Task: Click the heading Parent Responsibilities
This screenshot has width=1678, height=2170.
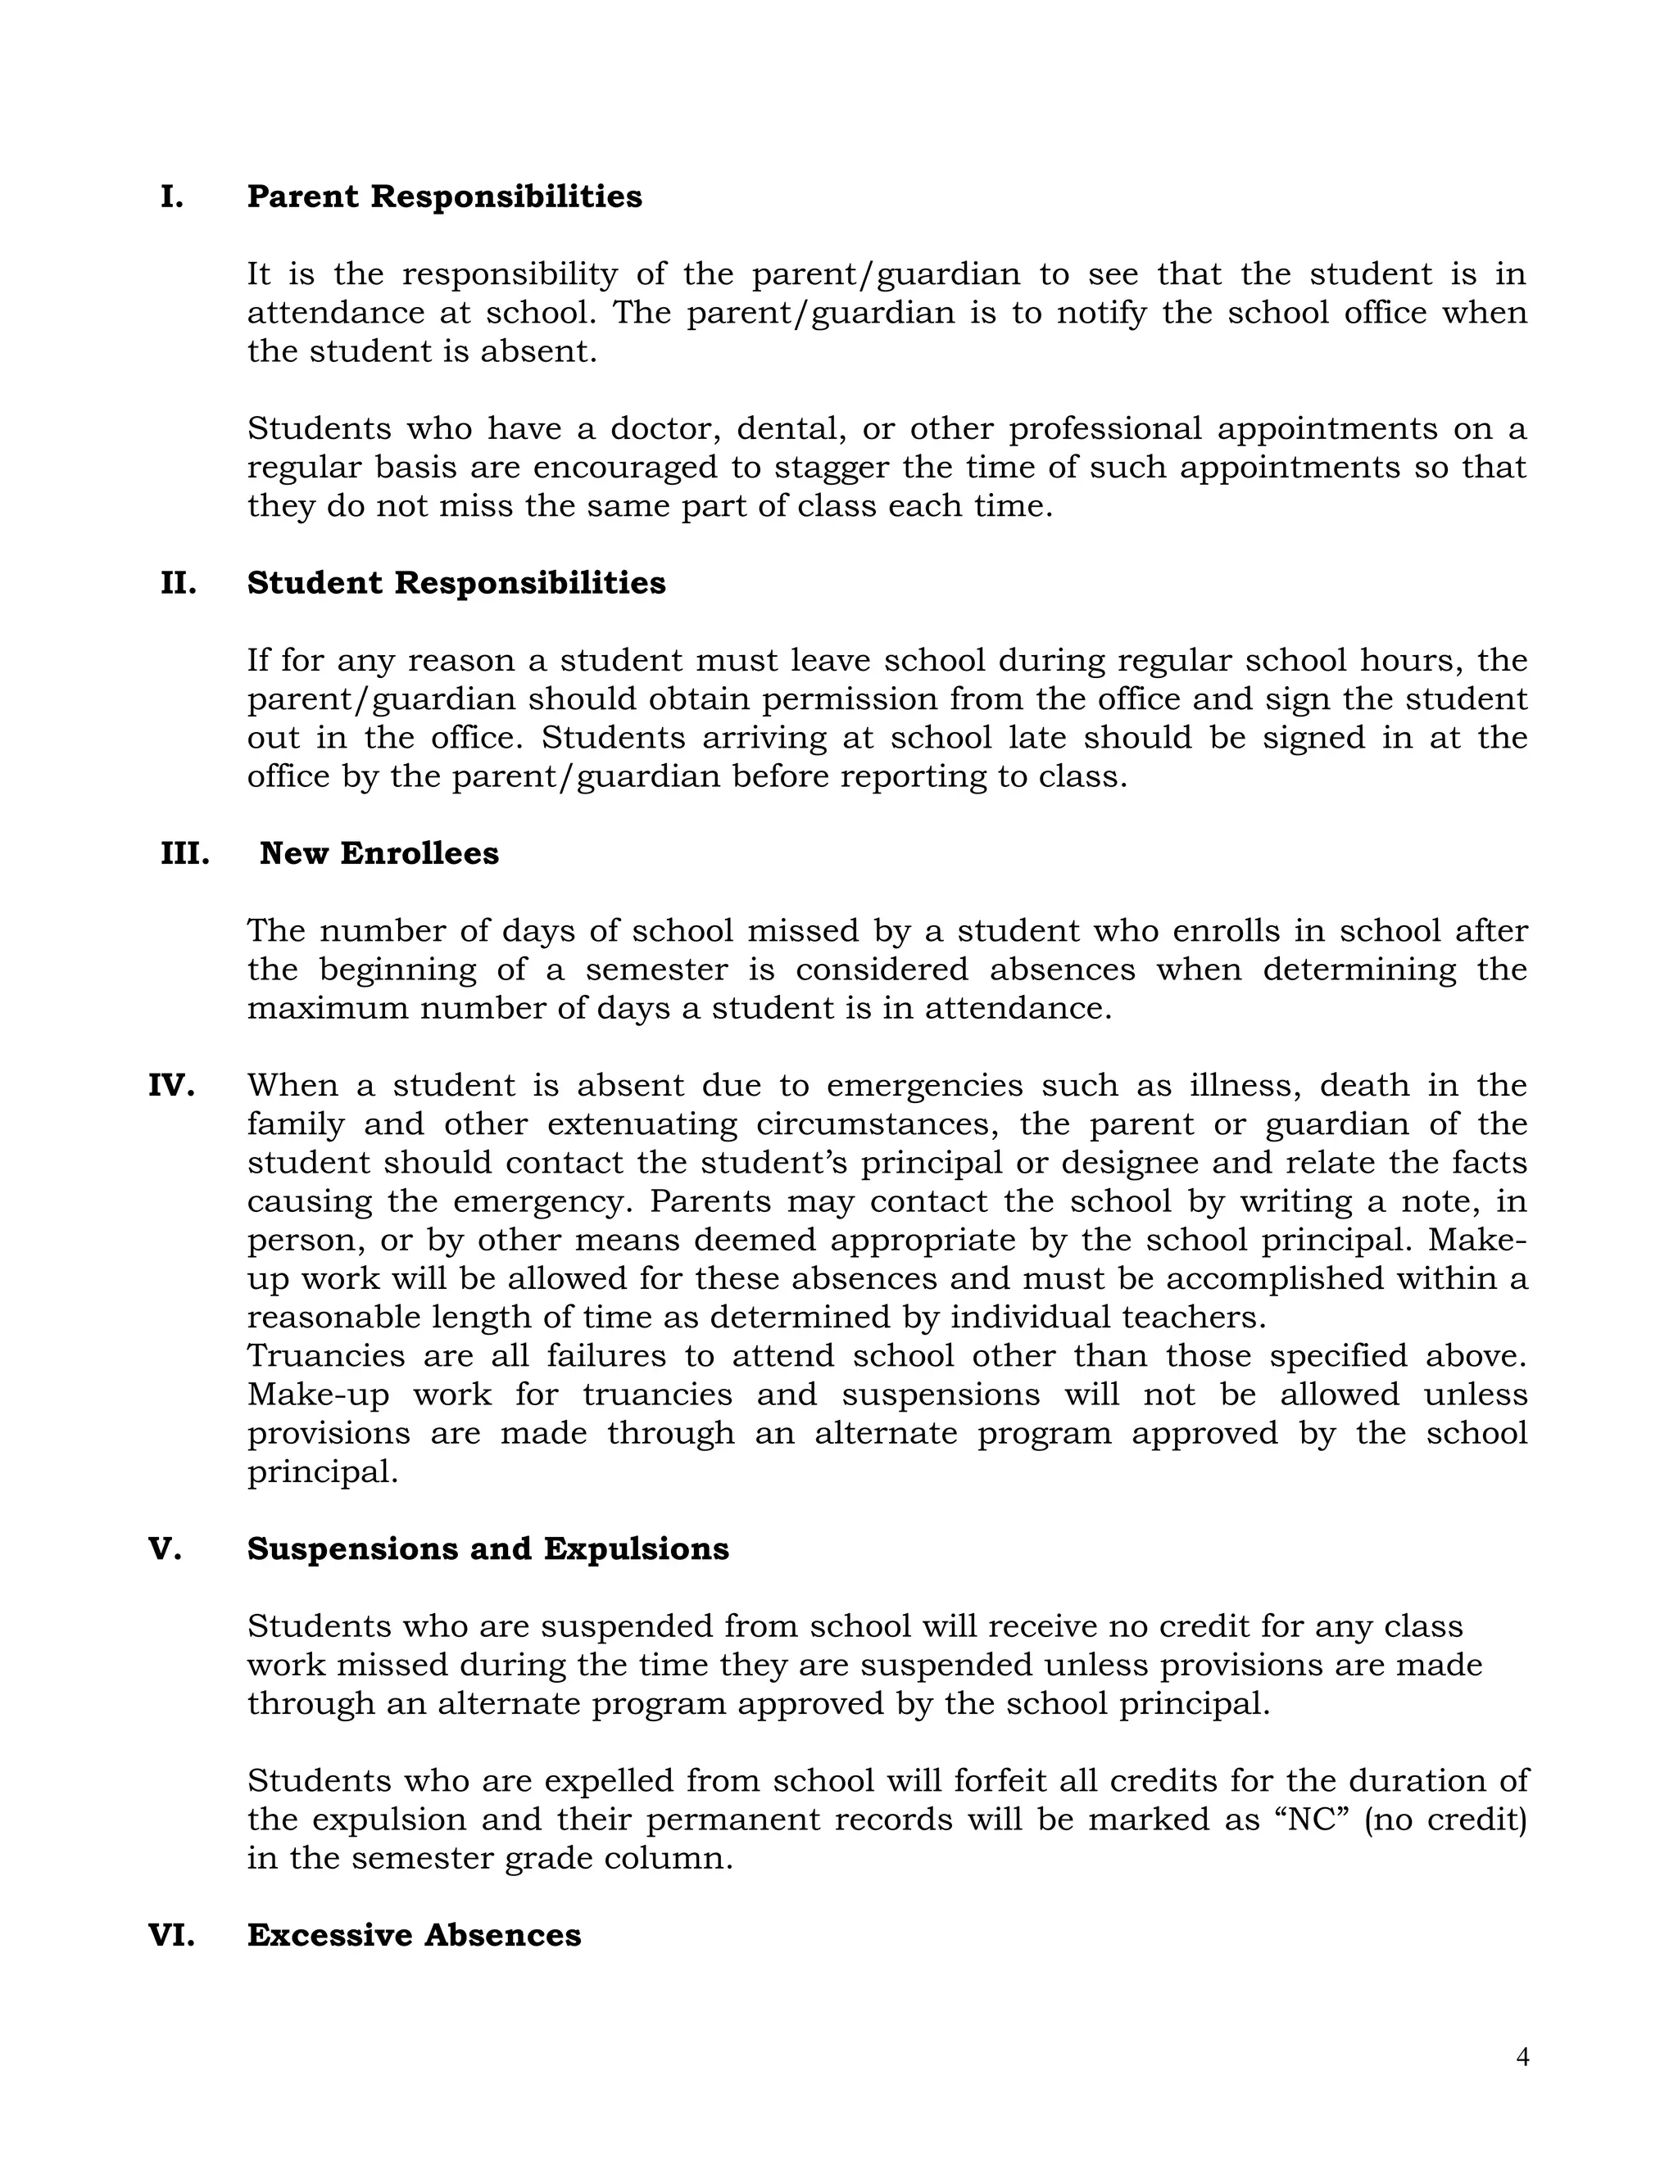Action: [444, 197]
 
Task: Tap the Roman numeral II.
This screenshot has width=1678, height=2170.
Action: [179, 583]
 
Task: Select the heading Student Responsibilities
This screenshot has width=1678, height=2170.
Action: [456, 583]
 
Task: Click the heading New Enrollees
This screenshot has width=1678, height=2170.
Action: [379, 853]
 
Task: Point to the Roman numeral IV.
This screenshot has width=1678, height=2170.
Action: [171, 1085]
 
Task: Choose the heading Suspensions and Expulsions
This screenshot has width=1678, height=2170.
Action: [488, 1549]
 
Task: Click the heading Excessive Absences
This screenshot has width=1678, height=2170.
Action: [414, 1934]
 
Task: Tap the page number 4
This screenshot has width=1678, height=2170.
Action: [1522, 2058]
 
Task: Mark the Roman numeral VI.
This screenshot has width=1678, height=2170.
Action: [171, 1934]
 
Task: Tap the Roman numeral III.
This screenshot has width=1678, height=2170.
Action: [185, 853]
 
